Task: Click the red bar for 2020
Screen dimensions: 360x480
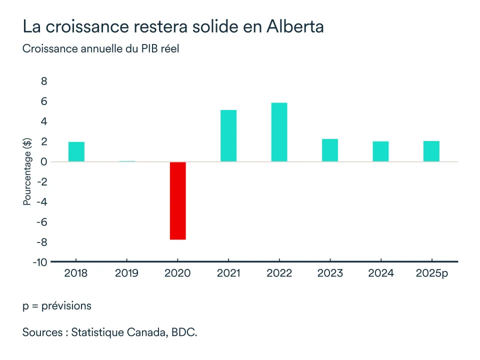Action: point(177,200)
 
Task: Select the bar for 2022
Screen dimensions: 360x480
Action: point(279,132)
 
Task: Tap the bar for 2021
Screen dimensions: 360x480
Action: point(228,135)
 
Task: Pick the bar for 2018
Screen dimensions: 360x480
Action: point(76,151)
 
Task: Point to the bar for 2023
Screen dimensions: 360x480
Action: point(330,150)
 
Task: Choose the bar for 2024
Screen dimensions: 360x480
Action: point(380,151)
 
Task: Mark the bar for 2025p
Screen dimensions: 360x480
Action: point(431,151)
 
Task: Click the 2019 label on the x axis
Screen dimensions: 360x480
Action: point(127,273)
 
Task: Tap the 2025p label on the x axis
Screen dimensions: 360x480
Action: point(432,273)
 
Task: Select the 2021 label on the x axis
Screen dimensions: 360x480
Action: point(228,273)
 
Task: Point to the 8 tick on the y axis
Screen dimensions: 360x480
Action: point(44,81)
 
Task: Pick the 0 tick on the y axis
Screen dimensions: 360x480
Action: point(44,162)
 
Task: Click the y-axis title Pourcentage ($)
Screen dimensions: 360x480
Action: point(27,171)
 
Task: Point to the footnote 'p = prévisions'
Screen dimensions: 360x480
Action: point(56,305)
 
